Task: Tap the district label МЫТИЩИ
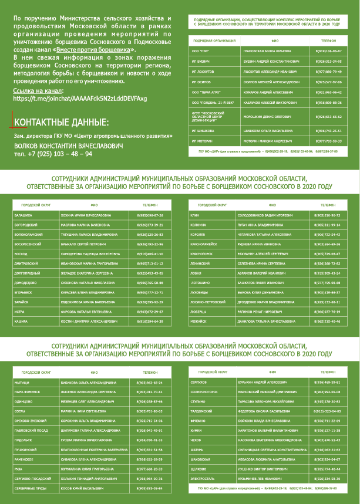coord(22,382)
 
